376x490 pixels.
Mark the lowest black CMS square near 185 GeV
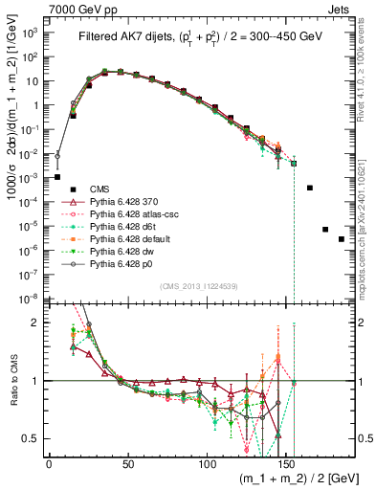point(342,238)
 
